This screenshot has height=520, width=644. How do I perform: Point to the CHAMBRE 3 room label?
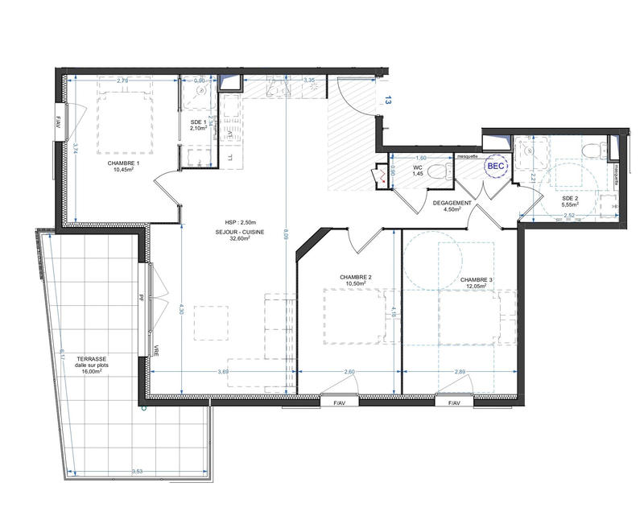point(477,281)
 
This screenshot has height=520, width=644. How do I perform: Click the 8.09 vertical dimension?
point(287,236)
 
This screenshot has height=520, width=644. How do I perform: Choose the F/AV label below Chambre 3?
point(451,402)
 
